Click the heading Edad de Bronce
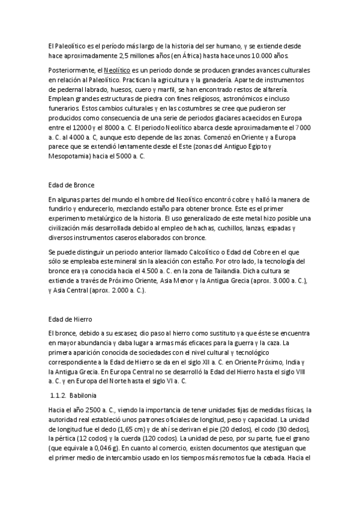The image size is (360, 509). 70,185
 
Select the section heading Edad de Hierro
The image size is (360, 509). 69,319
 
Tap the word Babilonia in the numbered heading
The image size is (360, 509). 89,396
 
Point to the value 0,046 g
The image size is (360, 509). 103,448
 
